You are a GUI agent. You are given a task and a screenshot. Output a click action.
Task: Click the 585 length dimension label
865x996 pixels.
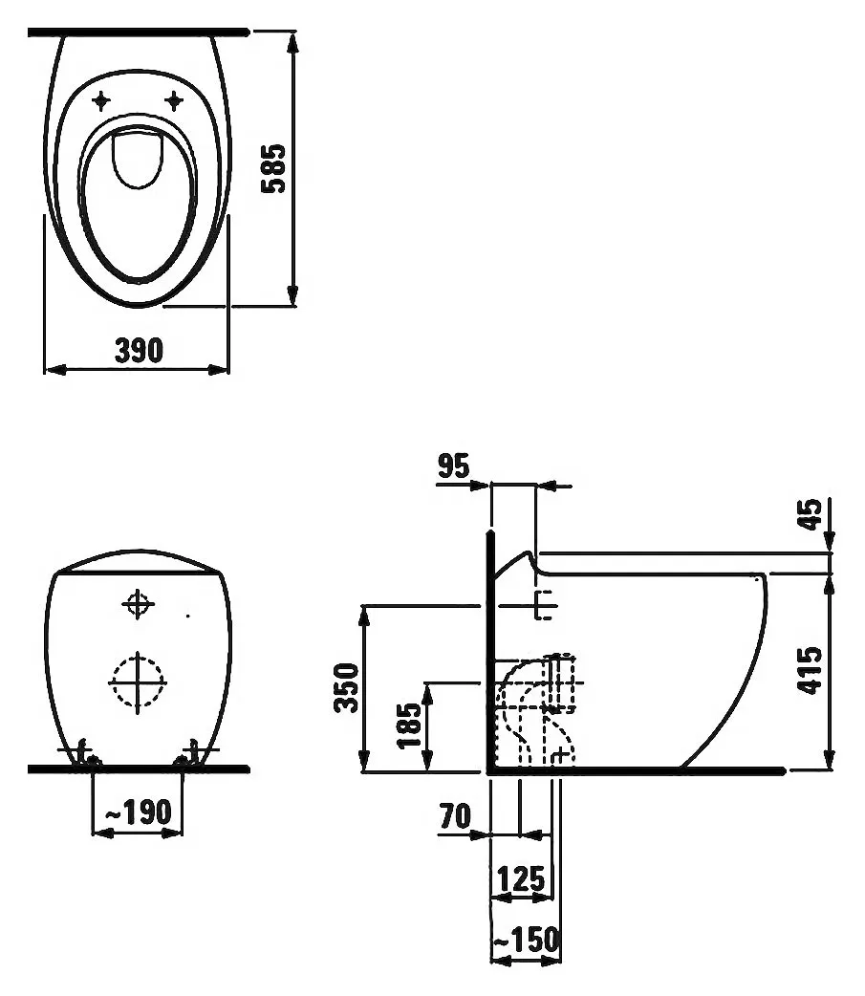pyautogui.click(x=275, y=168)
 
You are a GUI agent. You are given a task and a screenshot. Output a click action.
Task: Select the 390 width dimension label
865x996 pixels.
pyautogui.click(x=140, y=351)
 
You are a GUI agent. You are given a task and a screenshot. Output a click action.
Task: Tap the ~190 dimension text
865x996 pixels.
pyautogui.click(x=138, y=812)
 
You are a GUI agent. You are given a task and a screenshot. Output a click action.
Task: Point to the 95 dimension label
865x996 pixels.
pyautogui.click(x=454, y=466)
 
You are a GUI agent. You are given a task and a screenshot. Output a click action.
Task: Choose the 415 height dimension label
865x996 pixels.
pyautogui.click(x=810, y=671)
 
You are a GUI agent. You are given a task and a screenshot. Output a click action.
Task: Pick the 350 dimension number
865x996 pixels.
pyautogui.click(x=347, y=687)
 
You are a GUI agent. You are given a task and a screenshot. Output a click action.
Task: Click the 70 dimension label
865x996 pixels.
pyautogui.click(x=455, y=816)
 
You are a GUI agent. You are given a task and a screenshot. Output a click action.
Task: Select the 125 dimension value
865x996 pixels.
pyautogui.click(x=521, y=879)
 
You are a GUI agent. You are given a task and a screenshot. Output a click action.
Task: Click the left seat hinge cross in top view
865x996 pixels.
pyautogui.click(x=101, y=100)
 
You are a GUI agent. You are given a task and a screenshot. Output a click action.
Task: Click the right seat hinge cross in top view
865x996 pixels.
pyautogui.click(x=174, y=100)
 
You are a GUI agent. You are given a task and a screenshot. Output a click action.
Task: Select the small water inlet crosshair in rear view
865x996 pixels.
pyautogui.click(x=138, y=603)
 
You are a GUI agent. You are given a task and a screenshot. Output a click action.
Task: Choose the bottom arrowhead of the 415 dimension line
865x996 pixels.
pyautogui.click(x=828, y=759)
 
